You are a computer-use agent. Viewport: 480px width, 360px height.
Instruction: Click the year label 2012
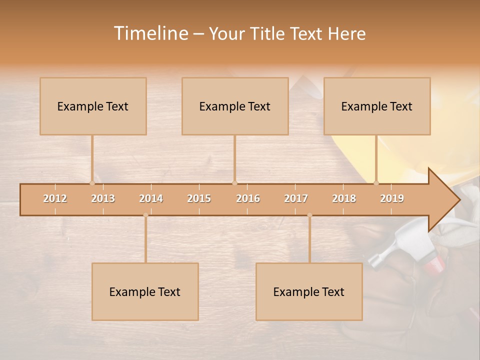pos(55,199)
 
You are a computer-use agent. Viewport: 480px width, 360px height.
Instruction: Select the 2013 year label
pos(103,199)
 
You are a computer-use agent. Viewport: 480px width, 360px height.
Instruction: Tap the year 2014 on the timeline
pos(151,199)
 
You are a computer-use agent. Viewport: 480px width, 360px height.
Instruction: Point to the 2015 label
pos(199,199)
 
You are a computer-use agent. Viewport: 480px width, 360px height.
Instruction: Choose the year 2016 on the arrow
pos(248,199)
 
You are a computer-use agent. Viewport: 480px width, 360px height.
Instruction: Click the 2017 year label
pos(296,199)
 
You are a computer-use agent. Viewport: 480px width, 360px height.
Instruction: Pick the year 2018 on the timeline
pos(344,199)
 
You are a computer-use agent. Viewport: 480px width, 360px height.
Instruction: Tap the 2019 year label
pos(392,199)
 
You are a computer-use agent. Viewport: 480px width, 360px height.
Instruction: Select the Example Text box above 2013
pos(93,106)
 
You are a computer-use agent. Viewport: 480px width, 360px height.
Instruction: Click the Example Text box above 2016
pos(235,106)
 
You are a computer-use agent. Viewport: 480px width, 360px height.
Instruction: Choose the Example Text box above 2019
pos(377,106)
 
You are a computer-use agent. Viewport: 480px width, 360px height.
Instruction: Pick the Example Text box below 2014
pos(145,291)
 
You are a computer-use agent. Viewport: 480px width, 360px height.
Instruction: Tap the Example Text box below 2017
pos(309,291)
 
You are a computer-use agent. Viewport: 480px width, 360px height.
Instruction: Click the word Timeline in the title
pos(150,33)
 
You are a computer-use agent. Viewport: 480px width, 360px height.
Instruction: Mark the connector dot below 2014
pos(145,215)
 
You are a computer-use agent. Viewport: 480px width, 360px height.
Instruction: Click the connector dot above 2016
pos(234,183)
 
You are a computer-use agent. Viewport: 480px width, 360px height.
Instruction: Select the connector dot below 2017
pos(309,215)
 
